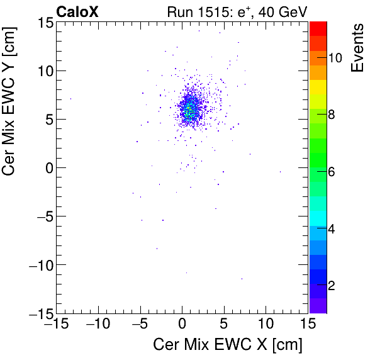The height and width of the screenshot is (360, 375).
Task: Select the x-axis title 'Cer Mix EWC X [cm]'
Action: coord(228,346)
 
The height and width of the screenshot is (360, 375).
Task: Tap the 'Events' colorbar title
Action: coord(357,48)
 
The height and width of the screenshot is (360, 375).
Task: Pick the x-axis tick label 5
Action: coord(224,324)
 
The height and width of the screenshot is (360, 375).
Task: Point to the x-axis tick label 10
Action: coord(266,324)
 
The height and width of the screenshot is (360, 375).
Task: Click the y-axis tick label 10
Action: coord(43,70)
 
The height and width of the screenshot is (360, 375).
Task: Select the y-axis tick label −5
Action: coord(40,216)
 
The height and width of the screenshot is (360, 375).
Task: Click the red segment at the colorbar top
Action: coord(318,28)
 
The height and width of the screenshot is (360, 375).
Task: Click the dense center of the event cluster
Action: coord(187,110)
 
